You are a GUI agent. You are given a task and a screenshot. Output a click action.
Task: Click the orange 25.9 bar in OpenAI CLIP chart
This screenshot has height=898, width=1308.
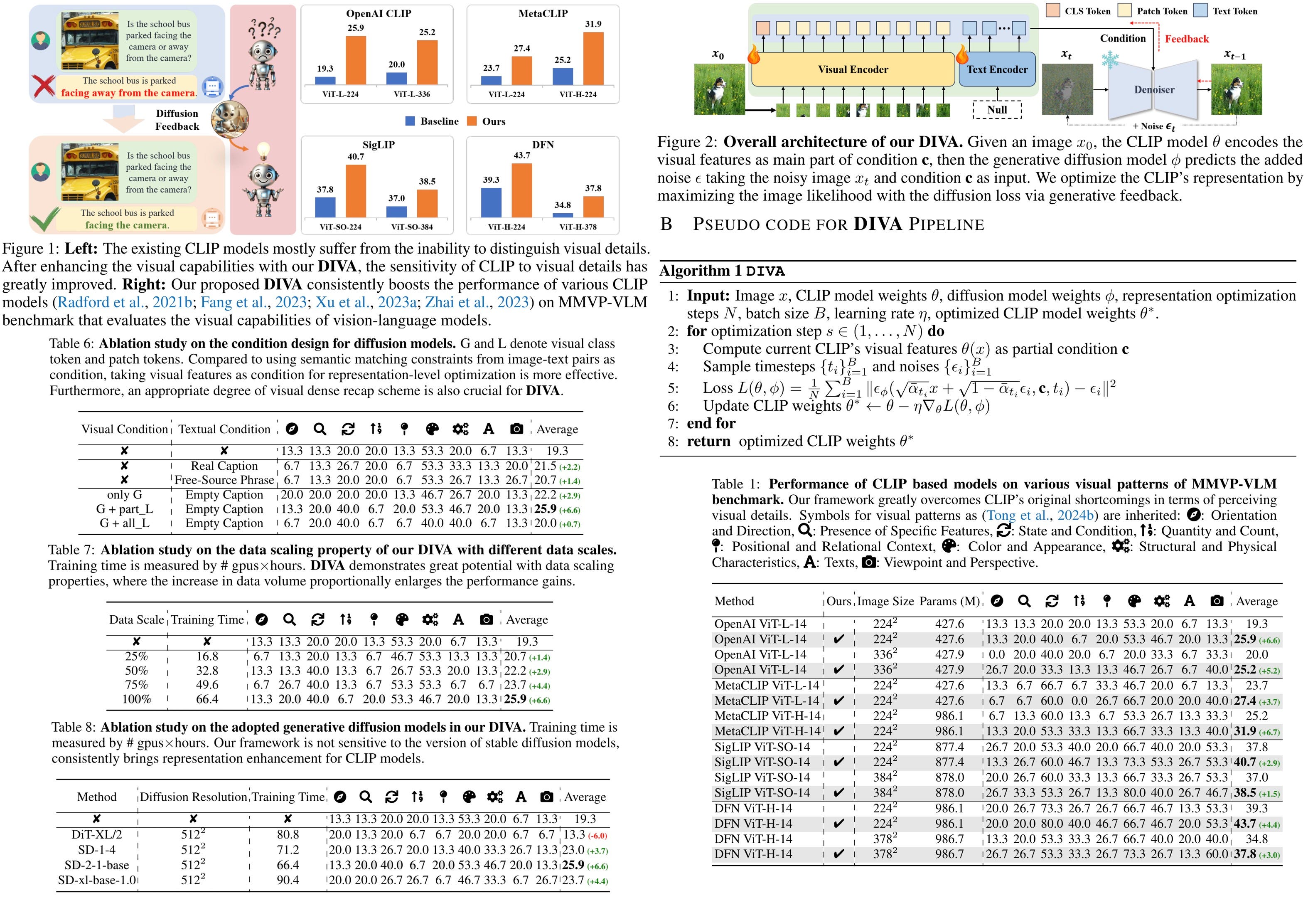coord(355,60)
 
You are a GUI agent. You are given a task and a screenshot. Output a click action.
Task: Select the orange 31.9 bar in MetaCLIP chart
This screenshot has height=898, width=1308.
coord(593,59)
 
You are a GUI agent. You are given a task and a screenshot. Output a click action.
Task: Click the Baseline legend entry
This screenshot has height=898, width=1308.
coord(432,121)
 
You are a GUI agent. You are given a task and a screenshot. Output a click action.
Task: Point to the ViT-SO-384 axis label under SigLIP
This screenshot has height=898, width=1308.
coord(412,227)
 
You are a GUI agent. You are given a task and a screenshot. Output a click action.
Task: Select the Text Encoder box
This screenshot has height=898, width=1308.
coord(997,69)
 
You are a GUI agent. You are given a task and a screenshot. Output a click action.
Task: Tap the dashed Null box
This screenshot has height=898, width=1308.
coord(997,109)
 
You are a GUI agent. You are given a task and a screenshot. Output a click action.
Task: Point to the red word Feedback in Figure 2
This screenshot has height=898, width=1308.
coord(1186,39)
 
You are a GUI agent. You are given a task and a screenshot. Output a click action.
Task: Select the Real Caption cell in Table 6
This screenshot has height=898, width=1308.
coord(224,466)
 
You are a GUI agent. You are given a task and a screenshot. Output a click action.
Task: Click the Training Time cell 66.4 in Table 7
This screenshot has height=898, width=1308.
coord(207,699)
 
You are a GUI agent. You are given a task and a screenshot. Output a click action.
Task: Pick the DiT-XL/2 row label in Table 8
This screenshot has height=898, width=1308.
coord(97,834)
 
